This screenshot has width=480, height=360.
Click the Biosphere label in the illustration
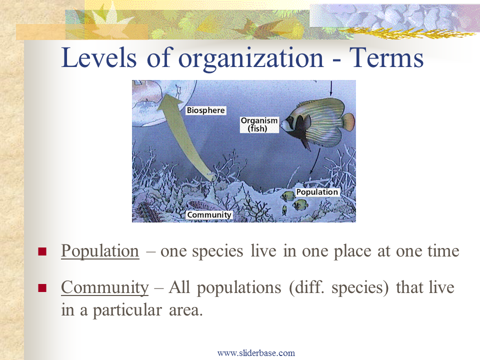pyautogui.click(x=206, y=110)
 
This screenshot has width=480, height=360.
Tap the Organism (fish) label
pyautogui.click(x=259, y=124)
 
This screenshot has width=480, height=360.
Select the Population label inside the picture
pyautogui.click(x=317, y=192)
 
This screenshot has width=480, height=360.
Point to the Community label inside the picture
pyautogui.click(x=209, y=215)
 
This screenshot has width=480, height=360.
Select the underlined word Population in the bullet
pyautogui.click(x=100, y=251)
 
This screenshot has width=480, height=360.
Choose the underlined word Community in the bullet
pyautogui.click(x=104, y=288)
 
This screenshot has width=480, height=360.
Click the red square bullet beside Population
pyautogui.click(x=42, y=251)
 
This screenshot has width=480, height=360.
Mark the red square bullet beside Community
pyautogui.click(x=42, y=288)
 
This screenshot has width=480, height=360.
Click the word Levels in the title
pyautogui.click(x=98, y=57)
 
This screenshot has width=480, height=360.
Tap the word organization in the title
pyautogui.click(x=250, y=59)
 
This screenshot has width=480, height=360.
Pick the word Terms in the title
pyautogui.click(x=386, y=57)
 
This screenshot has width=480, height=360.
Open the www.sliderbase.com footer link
pyautogui.click(x=256, y=353)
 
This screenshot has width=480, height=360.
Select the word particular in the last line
pyautogui.click(x=127, y=310)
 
